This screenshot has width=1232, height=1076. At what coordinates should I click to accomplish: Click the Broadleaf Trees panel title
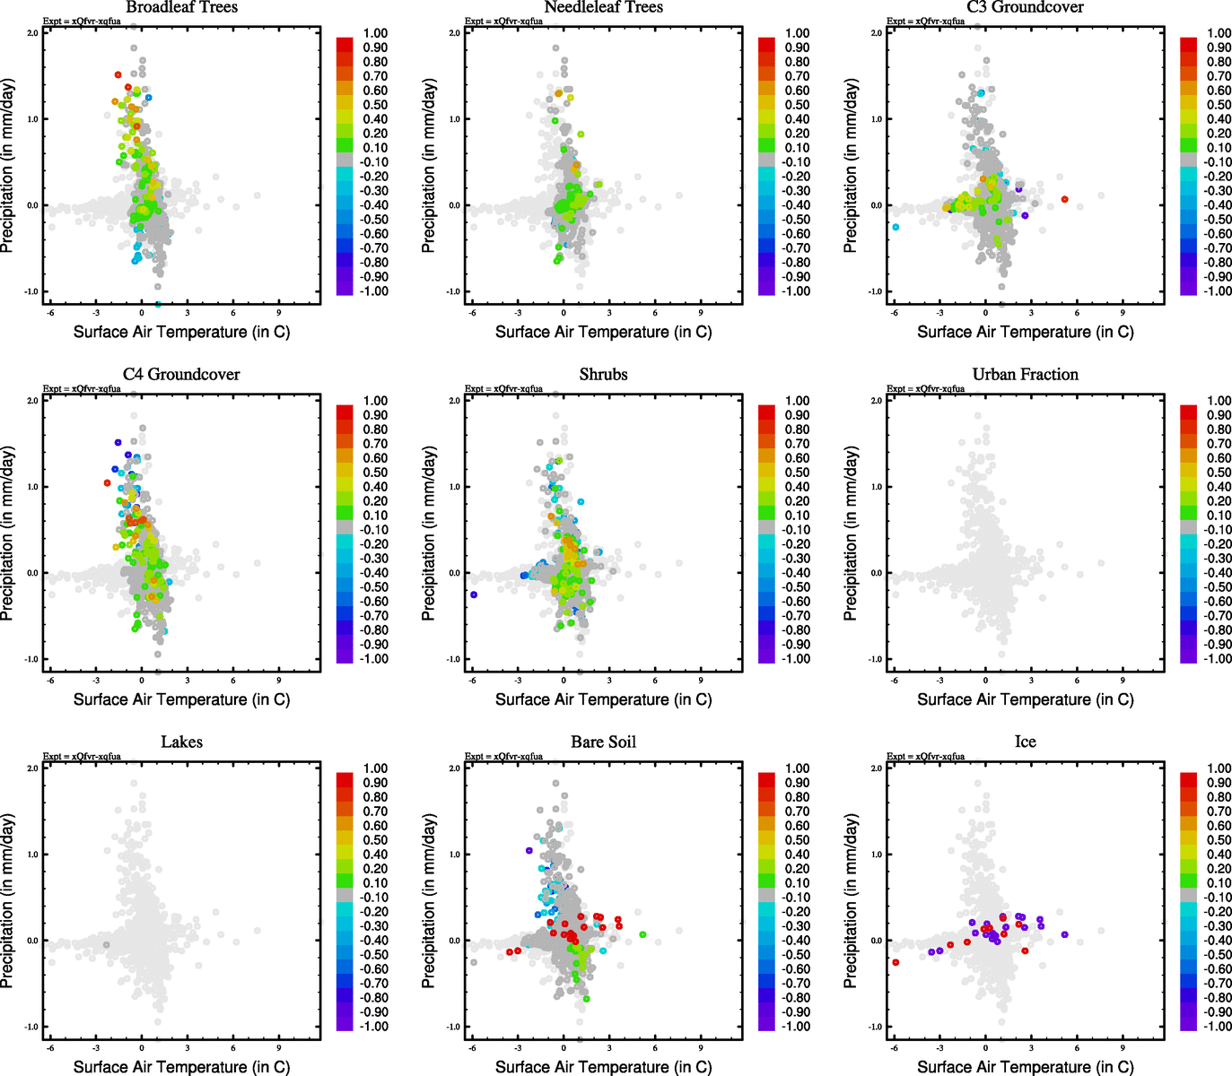click(181, 7)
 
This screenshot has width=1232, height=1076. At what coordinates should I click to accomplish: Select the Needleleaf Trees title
click(603, 7)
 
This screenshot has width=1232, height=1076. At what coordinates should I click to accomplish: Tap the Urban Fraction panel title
click(1025, 375)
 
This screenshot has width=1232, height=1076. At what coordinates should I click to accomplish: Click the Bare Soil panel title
click(603, 742)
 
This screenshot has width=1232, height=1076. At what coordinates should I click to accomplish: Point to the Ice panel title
click(1025, 742)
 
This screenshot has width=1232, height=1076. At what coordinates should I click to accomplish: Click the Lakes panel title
click(181, 742)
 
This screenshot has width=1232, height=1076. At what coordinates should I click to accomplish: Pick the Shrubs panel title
click(603, 375)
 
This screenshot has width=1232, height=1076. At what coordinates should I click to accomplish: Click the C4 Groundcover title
click(181, 375)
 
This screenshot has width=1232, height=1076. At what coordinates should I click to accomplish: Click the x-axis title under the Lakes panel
click(181, 1067)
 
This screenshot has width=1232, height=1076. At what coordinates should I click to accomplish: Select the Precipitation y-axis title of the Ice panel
click(852, 900)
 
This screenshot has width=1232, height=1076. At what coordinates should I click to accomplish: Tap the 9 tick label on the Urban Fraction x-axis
click(1123, 681)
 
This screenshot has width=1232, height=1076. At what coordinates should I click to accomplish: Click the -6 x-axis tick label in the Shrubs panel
click(472, 681)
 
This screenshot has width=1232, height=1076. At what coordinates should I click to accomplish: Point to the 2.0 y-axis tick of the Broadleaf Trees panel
click(32, 33)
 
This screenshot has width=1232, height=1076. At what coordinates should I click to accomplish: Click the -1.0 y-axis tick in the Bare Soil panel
click(454, 1027)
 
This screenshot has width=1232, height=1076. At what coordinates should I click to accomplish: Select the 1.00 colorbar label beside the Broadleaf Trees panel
click(375, 33)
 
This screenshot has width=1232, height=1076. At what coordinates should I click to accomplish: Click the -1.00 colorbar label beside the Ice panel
click(1218, 1027)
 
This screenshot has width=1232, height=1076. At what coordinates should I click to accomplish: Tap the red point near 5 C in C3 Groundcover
click(1064, 199)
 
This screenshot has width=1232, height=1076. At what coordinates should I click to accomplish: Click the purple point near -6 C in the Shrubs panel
click(474, 594)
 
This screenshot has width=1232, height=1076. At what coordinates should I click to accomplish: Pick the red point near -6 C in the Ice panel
click(896, 962)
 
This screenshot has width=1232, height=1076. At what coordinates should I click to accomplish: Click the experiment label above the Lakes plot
click(82, 757)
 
